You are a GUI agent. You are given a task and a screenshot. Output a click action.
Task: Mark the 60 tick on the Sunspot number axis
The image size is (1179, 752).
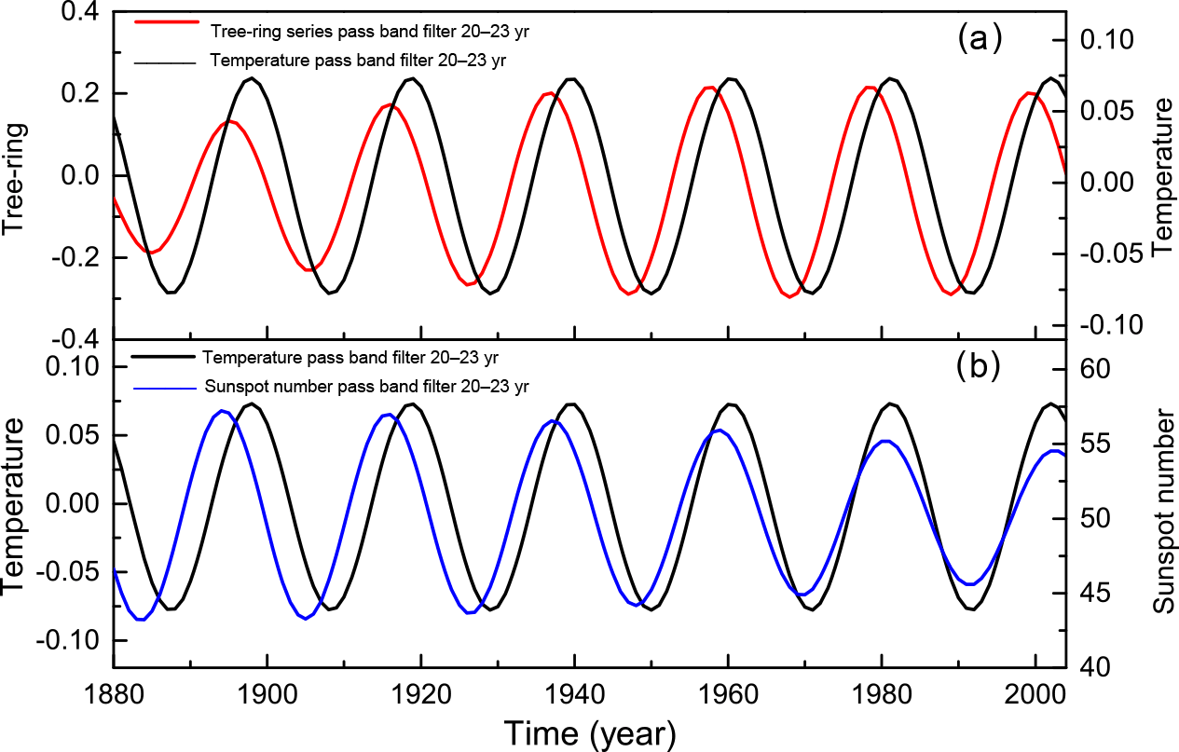(x=1095, y=369)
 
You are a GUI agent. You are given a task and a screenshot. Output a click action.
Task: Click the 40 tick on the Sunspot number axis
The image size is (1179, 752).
(x=1095, y=667)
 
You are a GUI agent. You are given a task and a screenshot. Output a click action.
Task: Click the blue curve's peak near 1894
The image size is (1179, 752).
(x=221, y=411)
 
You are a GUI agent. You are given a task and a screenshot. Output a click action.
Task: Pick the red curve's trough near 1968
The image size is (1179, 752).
(x=790, y=296)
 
